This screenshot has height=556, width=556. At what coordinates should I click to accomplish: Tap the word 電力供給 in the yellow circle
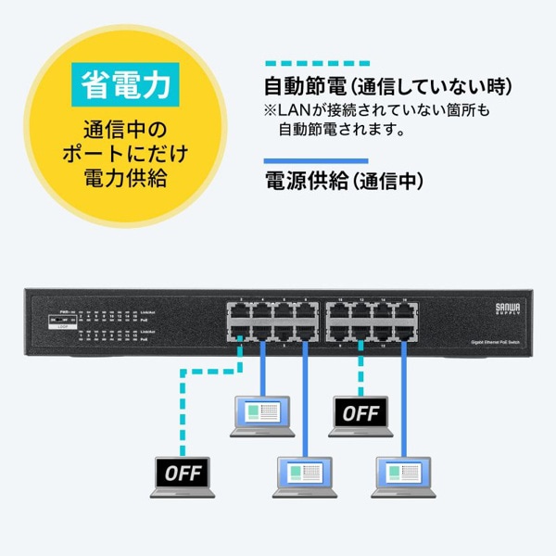point(124,176)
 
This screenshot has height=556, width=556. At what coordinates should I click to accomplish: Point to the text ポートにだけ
point(124,152)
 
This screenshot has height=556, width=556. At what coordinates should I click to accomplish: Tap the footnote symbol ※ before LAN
point(271,111)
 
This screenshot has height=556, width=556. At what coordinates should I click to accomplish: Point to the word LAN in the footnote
point(295,111)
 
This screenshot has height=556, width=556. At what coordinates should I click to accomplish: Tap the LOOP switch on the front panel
point(64,320)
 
